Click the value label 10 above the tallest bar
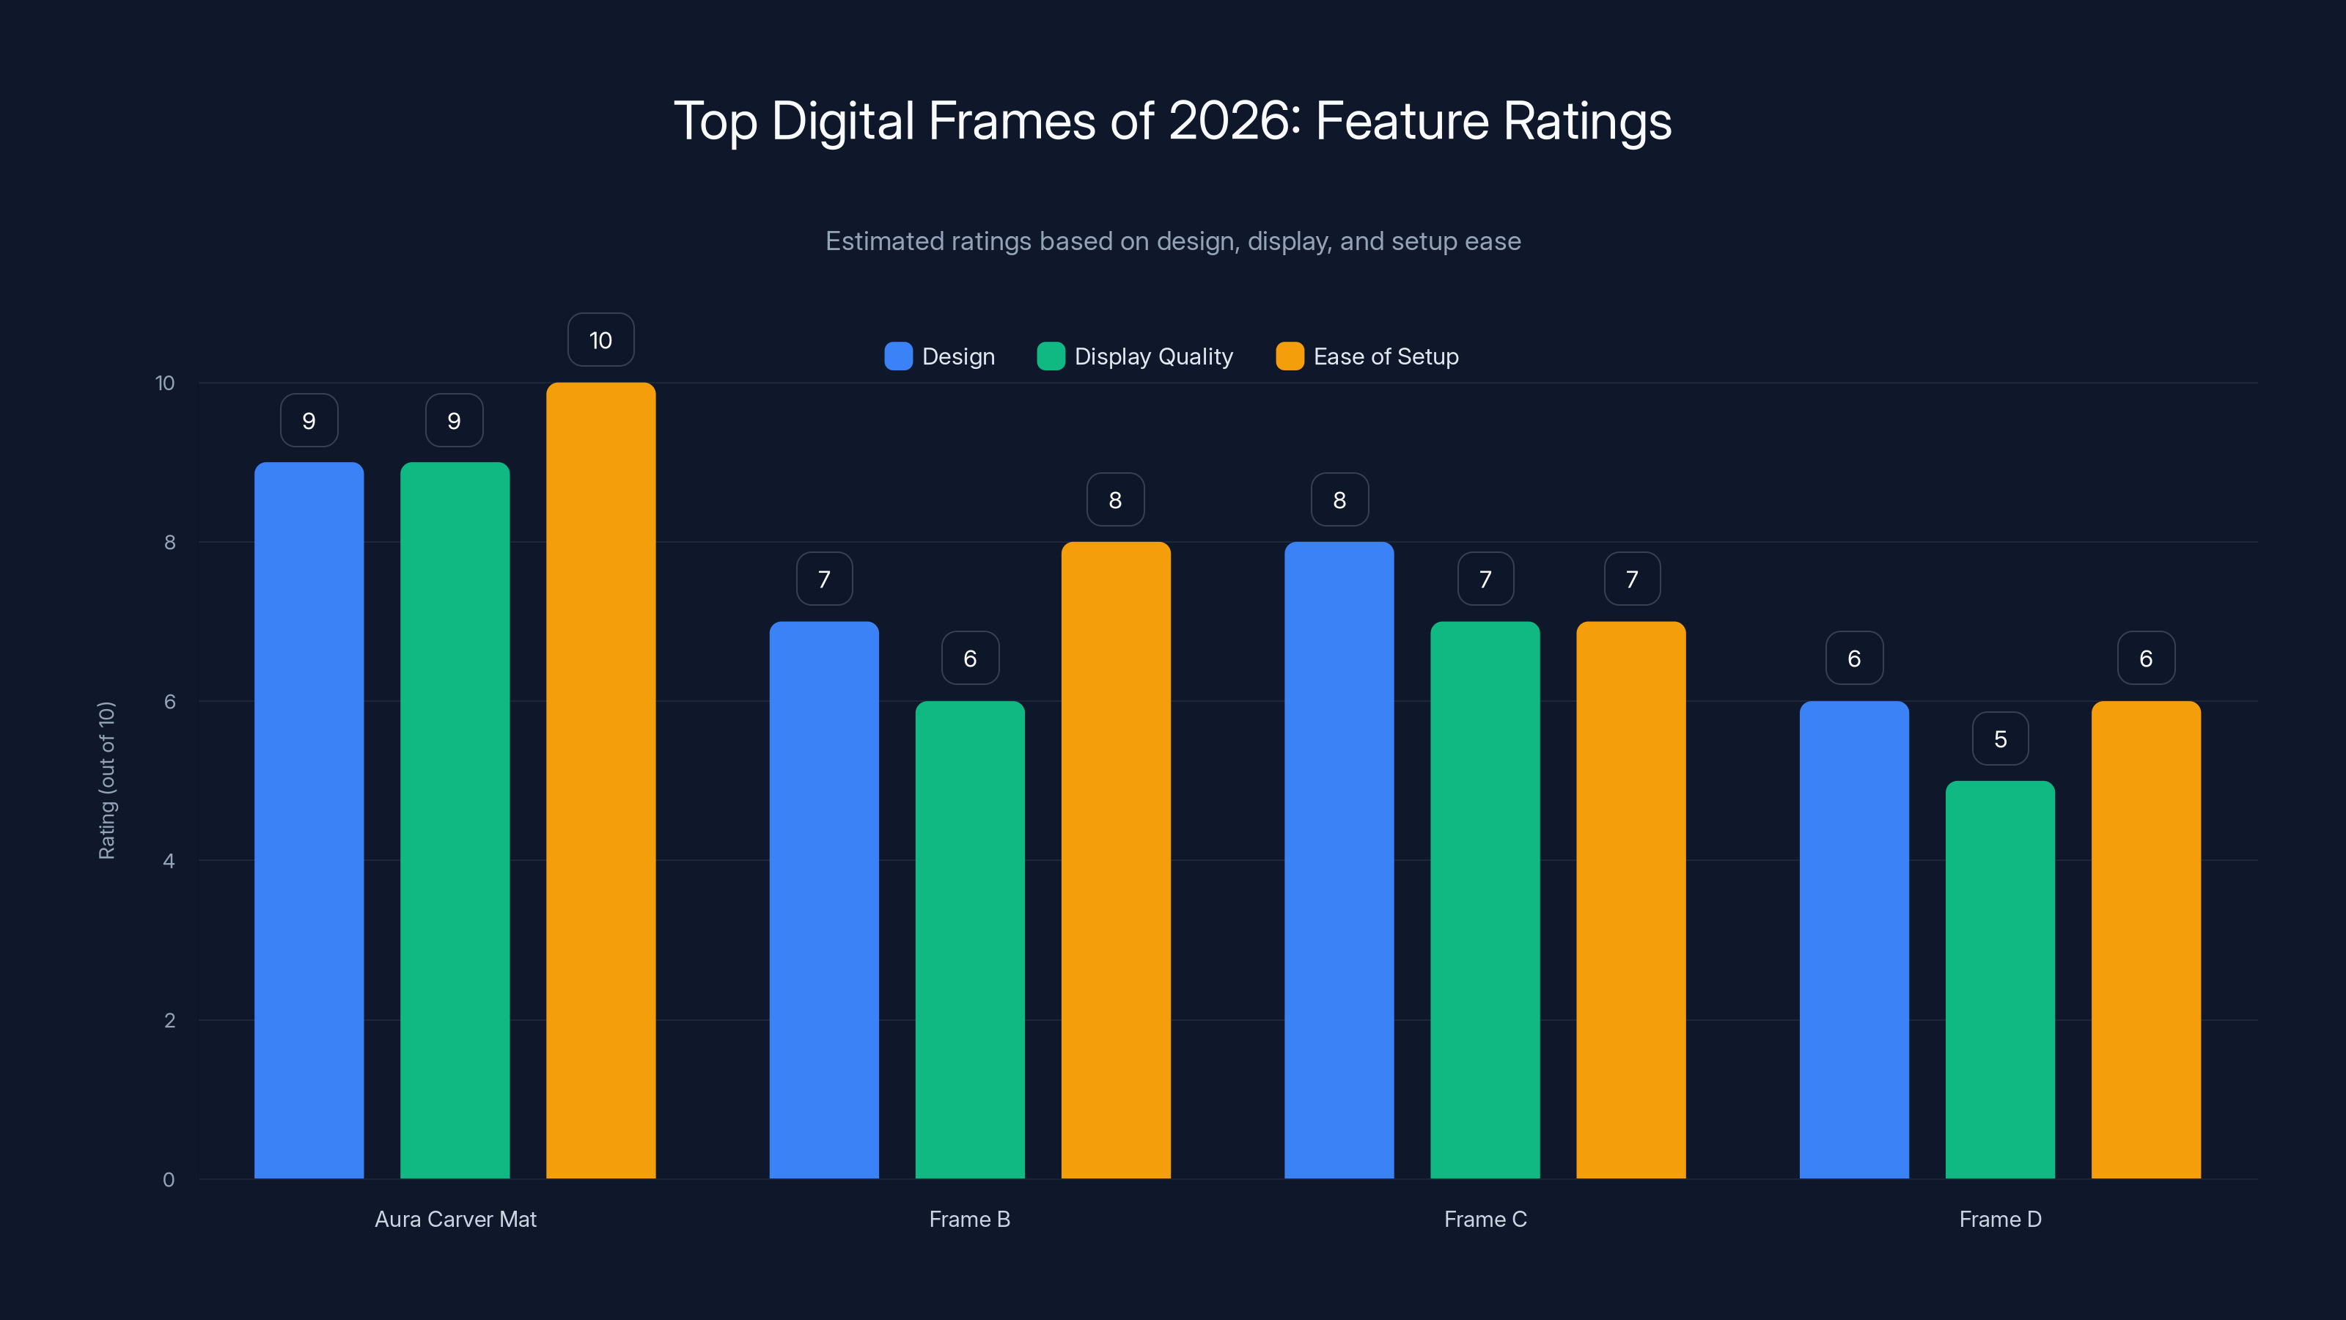[600, 340]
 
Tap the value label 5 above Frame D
[2000, 738]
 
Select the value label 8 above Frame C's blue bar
[1339, 499]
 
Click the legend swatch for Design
[898, 356]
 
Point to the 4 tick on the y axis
[169, 861]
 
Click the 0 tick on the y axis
[169, 1180]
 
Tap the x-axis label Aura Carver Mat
[455, 1219]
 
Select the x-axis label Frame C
[1485, 1219]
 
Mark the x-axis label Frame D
[2000, 1219]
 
